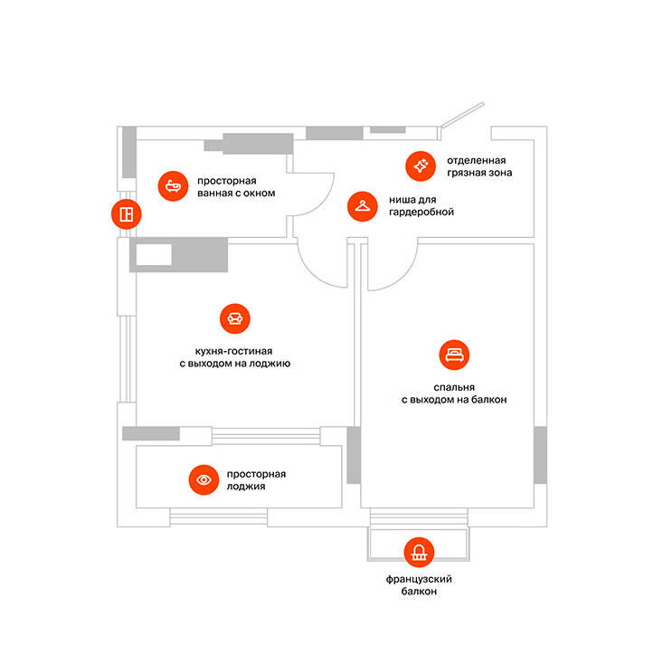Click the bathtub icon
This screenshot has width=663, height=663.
173,186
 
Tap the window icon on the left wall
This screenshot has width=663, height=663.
127,214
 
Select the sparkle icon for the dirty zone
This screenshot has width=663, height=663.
421,166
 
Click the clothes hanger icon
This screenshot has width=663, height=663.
363,206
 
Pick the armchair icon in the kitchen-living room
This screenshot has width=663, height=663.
235,318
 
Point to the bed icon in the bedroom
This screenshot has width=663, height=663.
455,355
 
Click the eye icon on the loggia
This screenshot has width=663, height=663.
204,479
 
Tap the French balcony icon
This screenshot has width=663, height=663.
419,552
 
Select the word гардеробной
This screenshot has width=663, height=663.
421,212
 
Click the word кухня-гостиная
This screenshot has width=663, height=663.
234,351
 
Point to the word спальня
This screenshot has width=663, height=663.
454,387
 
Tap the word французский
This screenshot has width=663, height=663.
419,579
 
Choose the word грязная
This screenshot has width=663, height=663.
465,173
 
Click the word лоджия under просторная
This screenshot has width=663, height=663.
246,487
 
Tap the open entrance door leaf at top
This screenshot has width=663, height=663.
462,114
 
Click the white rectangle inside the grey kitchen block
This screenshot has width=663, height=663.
154,254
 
